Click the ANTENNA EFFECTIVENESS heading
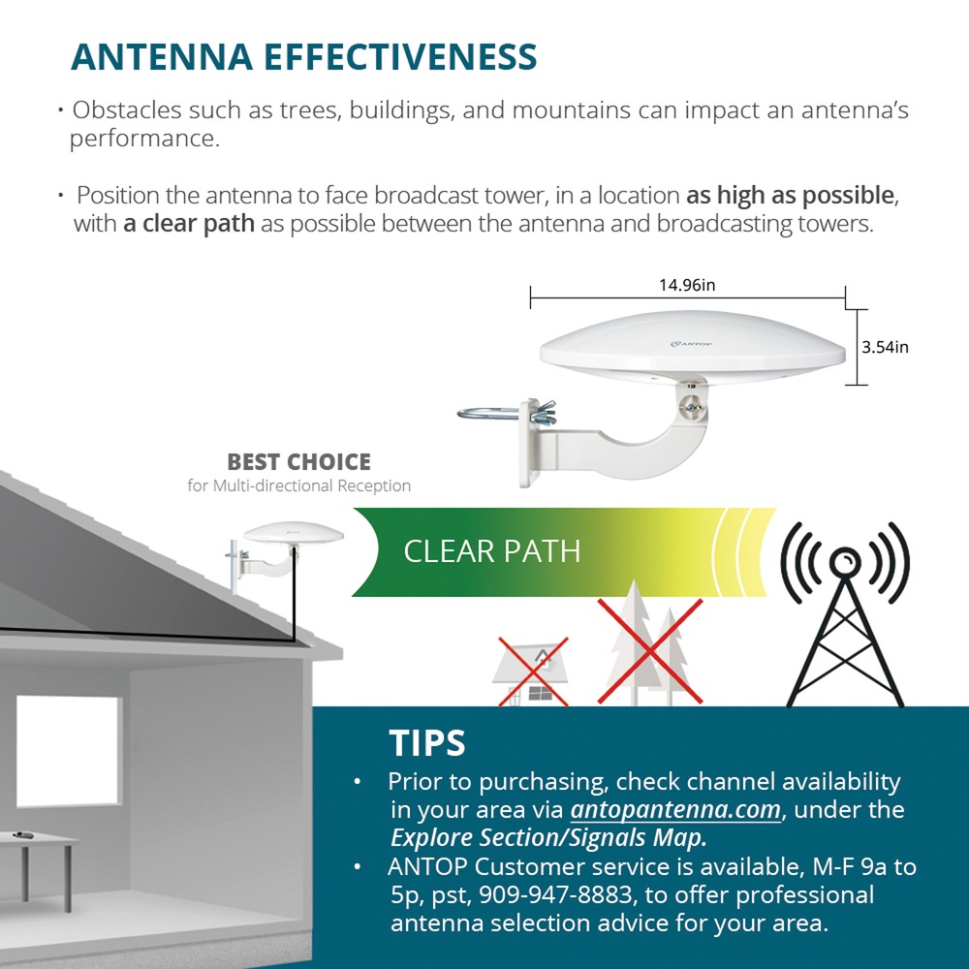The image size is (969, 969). (304, 57)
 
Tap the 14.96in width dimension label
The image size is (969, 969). (687, 285)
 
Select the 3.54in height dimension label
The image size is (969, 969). (885, 347)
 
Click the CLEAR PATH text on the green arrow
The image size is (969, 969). (492, 551)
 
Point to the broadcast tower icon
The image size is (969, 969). (844, 615)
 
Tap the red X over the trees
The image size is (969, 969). (649, 651)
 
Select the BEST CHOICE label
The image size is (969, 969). (299, 461)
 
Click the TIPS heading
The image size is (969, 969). (427, 743)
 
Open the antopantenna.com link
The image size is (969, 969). (675, 809)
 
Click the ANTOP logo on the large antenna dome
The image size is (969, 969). (691, 344)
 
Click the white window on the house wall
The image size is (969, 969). (69, 751)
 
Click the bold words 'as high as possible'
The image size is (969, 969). (790, 196)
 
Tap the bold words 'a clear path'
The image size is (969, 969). (189, 224)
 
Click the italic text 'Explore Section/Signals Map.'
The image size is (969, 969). (548, 838)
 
